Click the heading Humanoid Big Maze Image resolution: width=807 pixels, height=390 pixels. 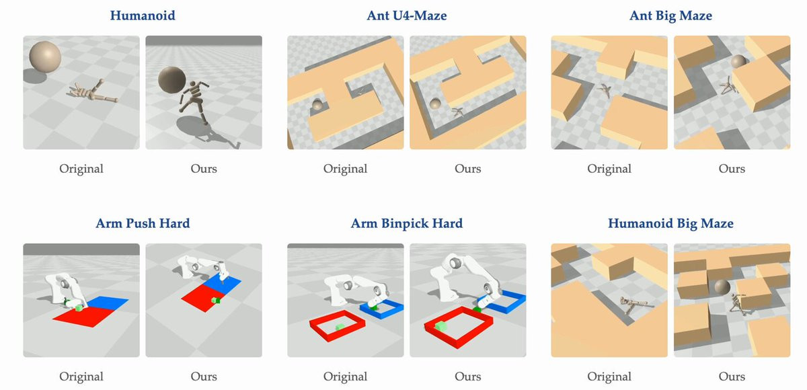point(670,224)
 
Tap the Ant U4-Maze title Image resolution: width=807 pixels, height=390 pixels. point(407,15)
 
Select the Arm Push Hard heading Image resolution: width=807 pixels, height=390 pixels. point(143,223)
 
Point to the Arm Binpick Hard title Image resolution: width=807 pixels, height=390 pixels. point(407,224)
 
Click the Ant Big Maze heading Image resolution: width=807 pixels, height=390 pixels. point(670,16)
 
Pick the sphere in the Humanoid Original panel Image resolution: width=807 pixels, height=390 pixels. point(45,57)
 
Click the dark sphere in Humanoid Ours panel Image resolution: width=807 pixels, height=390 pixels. point(172,80)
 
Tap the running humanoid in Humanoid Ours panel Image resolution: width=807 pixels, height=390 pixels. point(194,102)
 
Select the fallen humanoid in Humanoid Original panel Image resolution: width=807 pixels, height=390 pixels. point(93,92)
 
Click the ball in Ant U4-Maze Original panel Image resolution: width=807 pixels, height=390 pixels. point(317,105)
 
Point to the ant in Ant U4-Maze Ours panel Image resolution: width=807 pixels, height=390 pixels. point(457,112)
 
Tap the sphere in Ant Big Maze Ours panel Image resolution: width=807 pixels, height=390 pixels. point(738,62)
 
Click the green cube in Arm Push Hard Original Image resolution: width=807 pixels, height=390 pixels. point(79,308)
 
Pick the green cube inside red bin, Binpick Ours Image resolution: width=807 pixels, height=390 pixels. point(440,326)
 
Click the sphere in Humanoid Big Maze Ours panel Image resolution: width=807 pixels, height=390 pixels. point(722,287)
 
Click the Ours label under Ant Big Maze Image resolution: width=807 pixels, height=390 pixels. point(732,169)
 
